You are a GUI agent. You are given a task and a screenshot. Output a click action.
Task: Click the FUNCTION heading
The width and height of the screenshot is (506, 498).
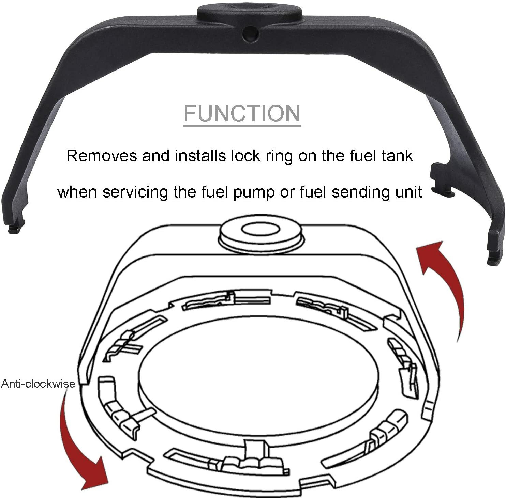click(242, 113)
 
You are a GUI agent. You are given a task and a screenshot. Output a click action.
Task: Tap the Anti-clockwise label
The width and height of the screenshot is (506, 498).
click(38, 384)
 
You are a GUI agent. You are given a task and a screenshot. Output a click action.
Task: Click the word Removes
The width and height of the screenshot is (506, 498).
click(101, 156)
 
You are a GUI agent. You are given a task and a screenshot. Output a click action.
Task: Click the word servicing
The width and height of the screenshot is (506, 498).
click(135, 192)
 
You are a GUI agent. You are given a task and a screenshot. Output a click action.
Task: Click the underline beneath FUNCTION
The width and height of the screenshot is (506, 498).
click(242, 126)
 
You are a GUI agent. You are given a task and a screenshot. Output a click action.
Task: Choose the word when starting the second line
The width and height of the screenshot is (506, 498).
click(77, 192)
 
